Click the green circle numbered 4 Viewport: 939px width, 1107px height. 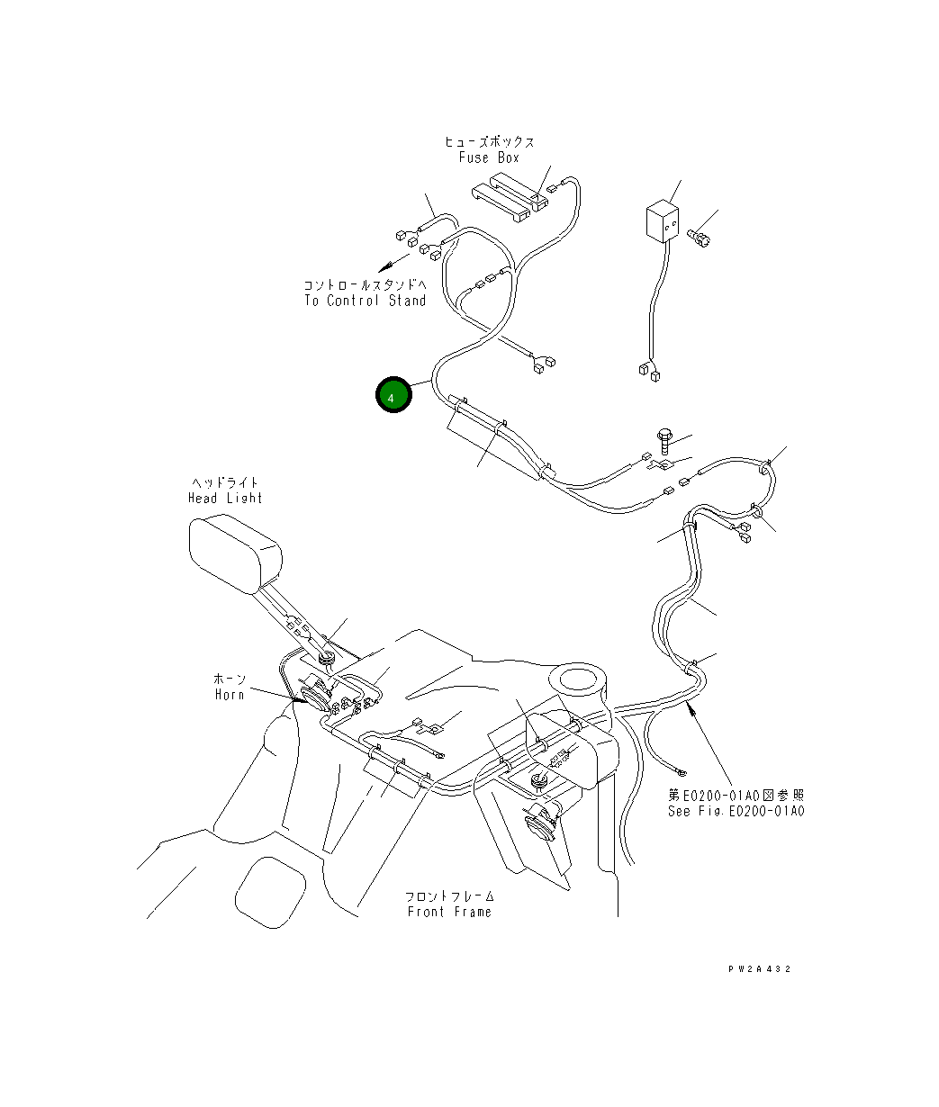[393, 395]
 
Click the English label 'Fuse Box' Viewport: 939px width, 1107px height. [489, 157]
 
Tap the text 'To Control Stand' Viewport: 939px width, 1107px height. [365, 301]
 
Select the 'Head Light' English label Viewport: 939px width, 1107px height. [225, 498]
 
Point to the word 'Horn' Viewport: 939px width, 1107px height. [230, 694]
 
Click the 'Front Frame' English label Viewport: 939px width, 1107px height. [449, 912]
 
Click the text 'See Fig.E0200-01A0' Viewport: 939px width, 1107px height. [736, 811]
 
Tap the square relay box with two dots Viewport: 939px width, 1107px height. [664, 222]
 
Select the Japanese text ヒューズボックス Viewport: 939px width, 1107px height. [489, 142]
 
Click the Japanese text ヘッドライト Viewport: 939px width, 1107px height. [225, 483]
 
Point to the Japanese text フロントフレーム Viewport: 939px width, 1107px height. [449, 896]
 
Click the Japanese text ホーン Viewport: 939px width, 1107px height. [230, 679]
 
